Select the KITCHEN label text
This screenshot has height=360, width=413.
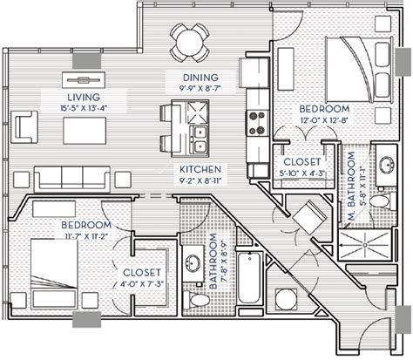click(x=200, y=168)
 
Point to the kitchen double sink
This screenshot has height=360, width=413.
click(x=198, y=138)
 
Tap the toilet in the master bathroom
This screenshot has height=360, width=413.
click(x=379, y=202)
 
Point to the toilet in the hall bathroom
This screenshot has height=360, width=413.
click(x=200, y=300)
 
